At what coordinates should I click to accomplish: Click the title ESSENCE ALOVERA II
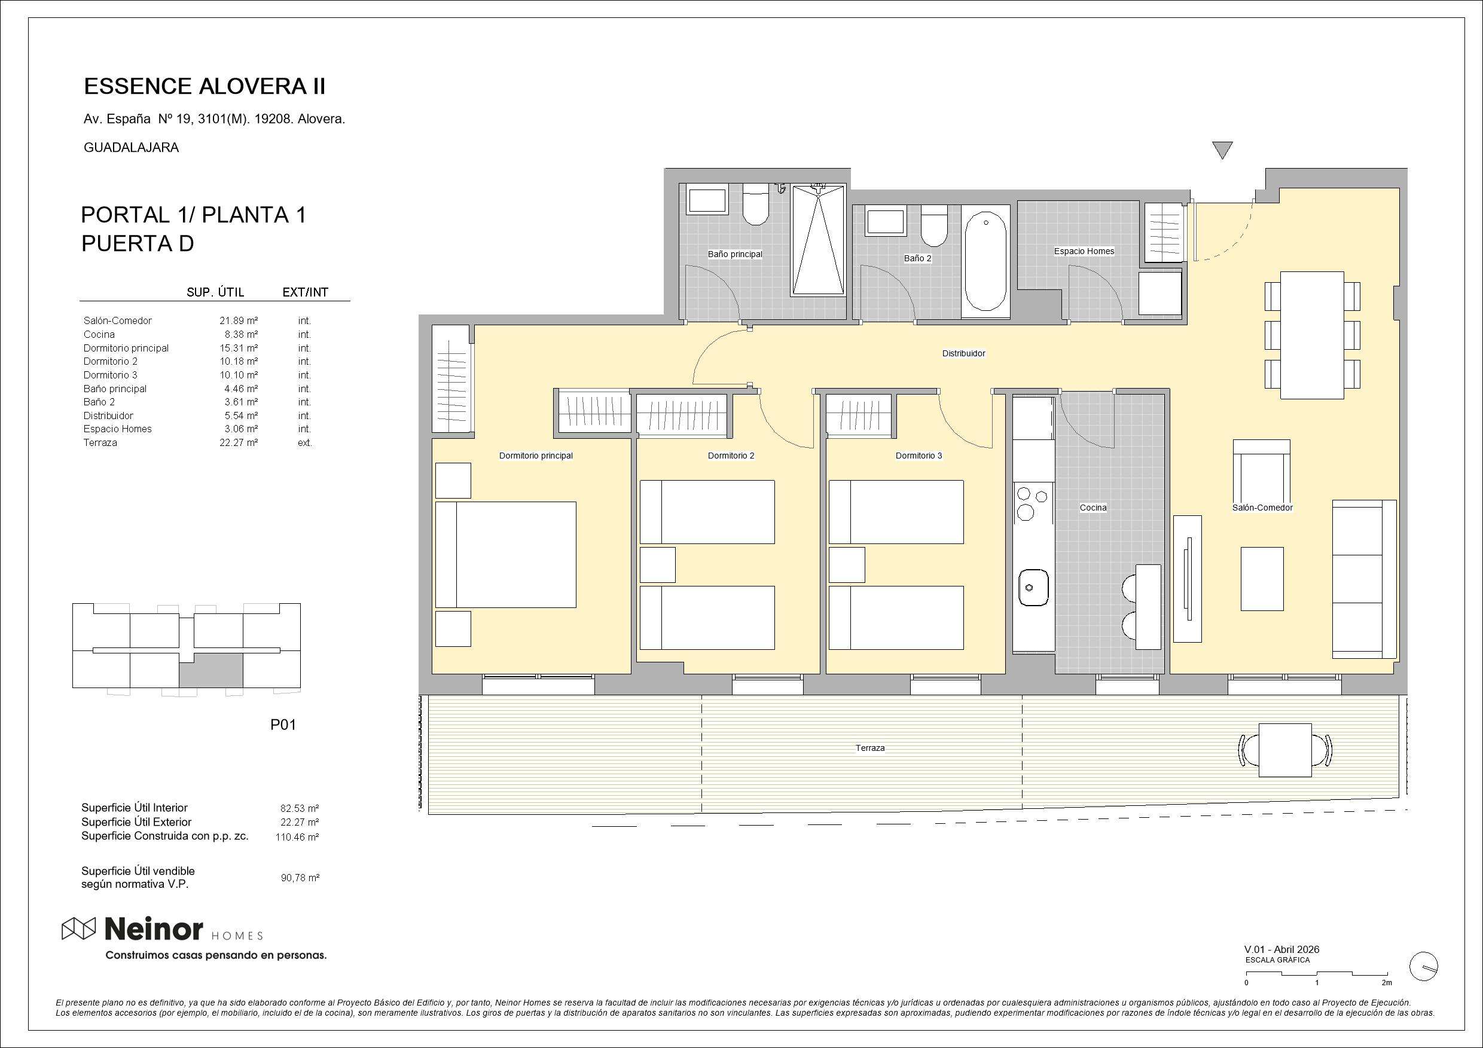click(205, 87)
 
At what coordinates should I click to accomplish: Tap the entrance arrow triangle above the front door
click(1223, 149)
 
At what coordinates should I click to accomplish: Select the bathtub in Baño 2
click(985, 261)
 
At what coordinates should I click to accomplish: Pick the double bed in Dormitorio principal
click(506, 555)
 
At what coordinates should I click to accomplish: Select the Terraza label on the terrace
click(870, 748)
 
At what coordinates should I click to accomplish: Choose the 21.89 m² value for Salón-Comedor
click(239, 320)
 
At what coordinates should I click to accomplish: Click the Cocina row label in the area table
click(99, 334)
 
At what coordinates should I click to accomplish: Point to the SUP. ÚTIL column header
click(215, 292)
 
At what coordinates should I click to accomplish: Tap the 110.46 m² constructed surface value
click(297, 837)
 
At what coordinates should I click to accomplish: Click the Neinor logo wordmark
click(154, 930)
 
